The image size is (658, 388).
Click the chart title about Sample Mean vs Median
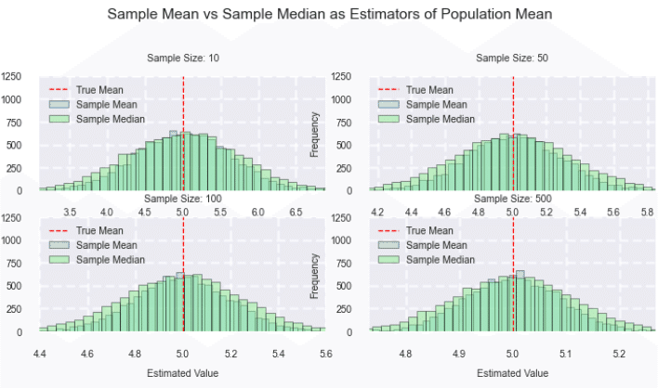click(329, 15)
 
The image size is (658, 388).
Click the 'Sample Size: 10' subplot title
click(183, 58)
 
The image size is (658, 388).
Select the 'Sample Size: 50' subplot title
click(512, 58)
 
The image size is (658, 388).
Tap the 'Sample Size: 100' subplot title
click(183, 199)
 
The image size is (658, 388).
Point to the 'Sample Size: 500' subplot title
click(512, 199)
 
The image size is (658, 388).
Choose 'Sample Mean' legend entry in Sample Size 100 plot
click(105, 245)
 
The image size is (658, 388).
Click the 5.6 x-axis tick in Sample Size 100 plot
click(325, 354)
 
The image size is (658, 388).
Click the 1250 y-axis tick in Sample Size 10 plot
click(13, 76)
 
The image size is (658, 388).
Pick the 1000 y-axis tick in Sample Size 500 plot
click(343, 240)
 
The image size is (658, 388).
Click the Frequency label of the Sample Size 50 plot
click(315, 131)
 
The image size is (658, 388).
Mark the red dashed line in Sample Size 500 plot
click(513, 288)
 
